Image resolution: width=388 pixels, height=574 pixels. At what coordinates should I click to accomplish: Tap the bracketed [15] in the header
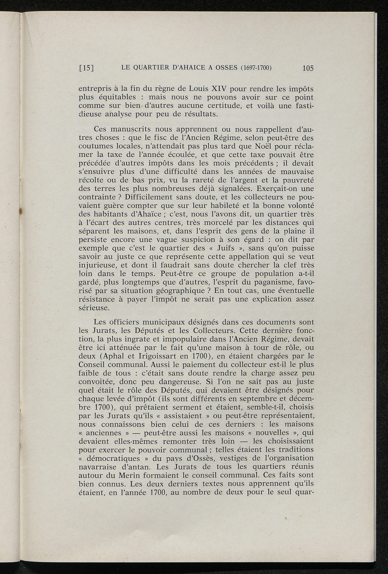tap(86, 69)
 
